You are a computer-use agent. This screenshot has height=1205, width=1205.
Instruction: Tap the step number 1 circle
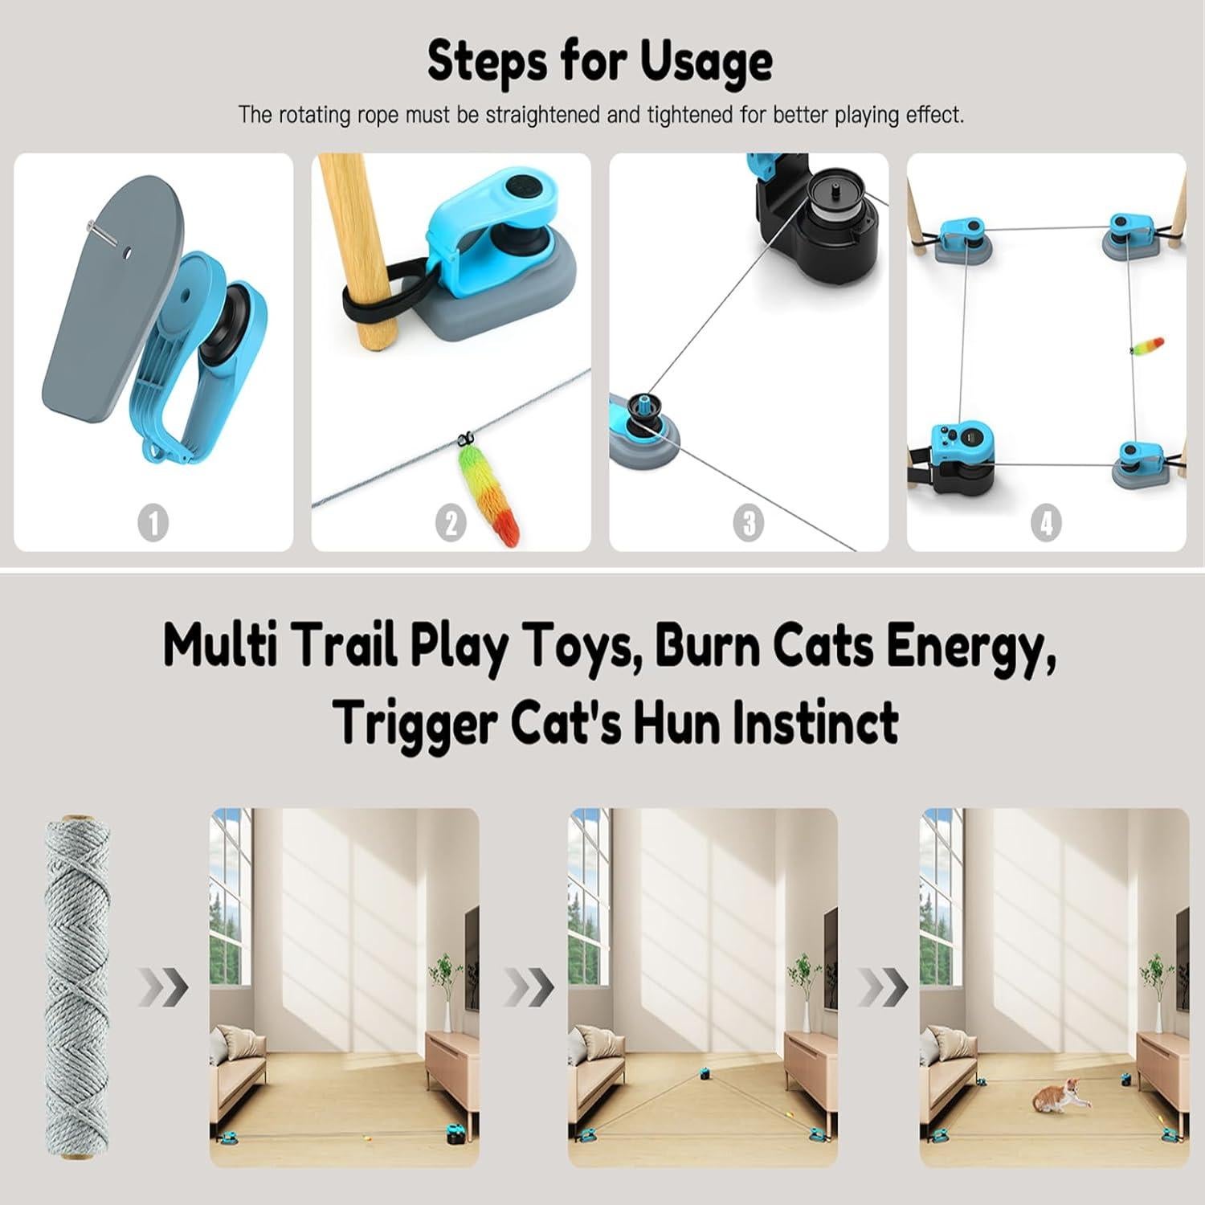tap(153, 523)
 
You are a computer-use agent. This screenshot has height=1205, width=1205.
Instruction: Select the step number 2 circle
tap(451, 523)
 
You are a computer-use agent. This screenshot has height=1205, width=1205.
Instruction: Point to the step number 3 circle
tap(749, 523)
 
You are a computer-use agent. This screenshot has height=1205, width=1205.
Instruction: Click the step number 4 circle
tap(1046, 523)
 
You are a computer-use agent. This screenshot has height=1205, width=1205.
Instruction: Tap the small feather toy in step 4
tap(1147, 349)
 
